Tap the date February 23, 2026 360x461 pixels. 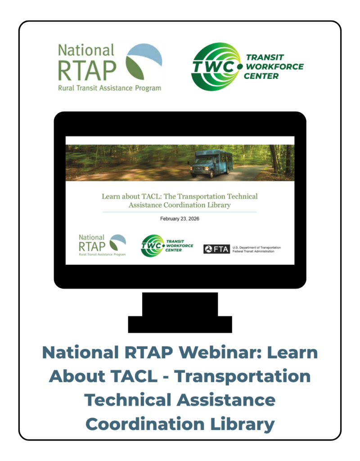click(180, 219)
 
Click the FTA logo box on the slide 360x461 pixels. click(216, 249)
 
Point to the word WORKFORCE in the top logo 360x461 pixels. click(275, 67)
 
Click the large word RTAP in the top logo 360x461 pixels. click(87, 71)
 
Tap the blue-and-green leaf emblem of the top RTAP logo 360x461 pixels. click(144, 62)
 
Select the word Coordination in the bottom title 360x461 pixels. click(145, 424)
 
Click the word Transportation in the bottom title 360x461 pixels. click(242, 377)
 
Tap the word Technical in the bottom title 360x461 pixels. click(127, 400)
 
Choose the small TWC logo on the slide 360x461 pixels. click(167, 246)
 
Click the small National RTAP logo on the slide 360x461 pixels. click(102, 245)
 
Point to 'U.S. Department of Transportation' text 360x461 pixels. click(256, 248)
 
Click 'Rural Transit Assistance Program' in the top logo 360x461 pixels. click(110, 88)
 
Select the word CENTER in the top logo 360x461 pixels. click(261, 76)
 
